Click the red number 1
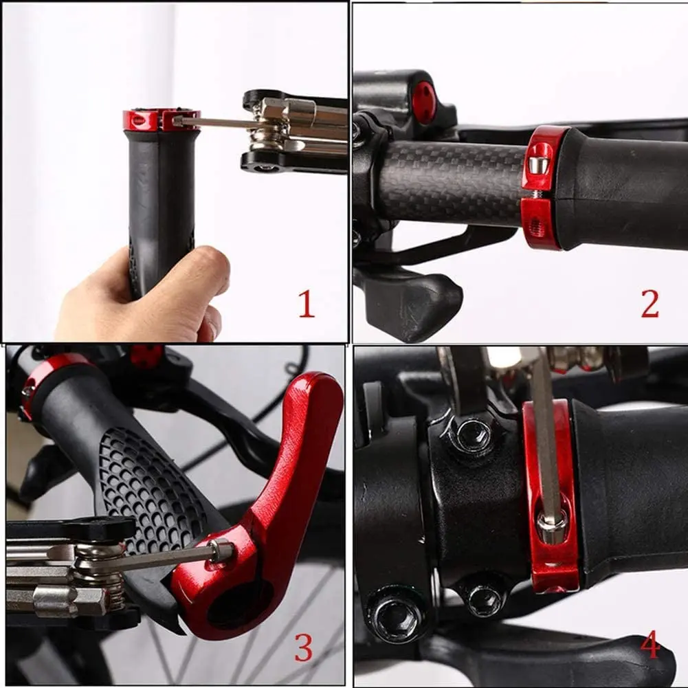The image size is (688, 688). (x=306, y=304)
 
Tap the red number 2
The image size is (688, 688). (x=650, y=304)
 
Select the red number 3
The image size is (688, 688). (x=303, y=647)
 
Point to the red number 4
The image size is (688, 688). (x=650, y=646)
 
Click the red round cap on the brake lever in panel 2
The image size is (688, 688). (x=423, y=102)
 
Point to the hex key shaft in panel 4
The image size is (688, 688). (x=545, y=447)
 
